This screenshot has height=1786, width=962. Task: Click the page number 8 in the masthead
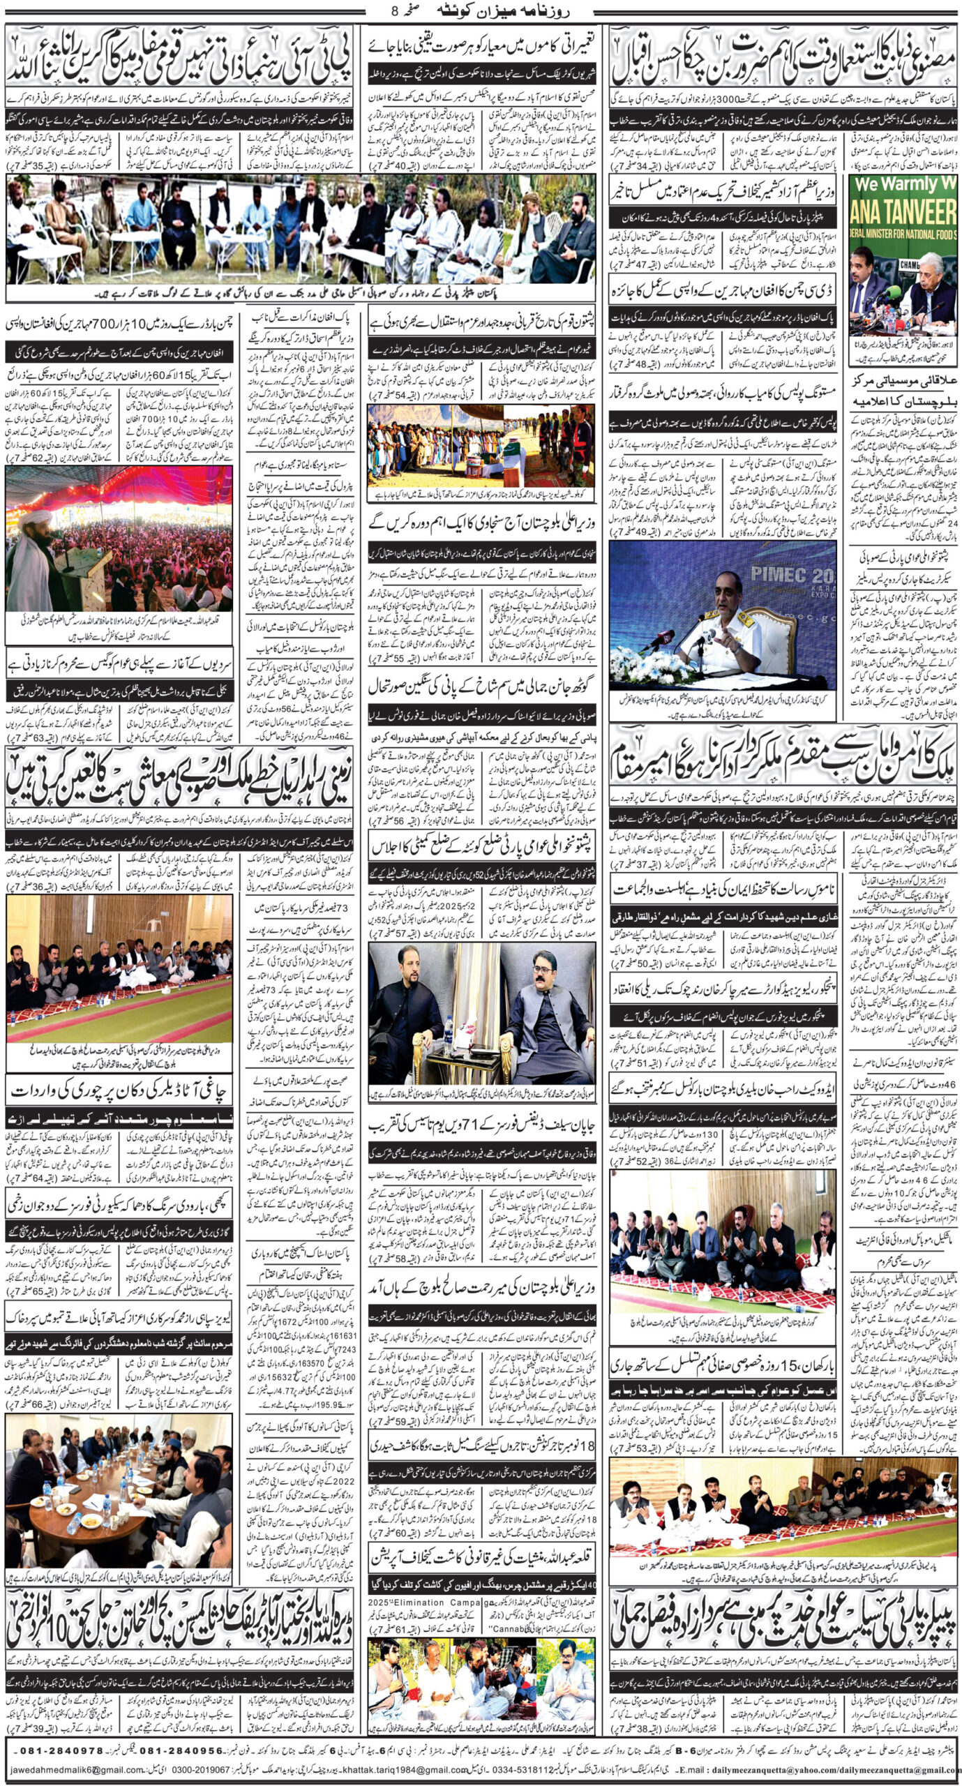coord(399,11)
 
